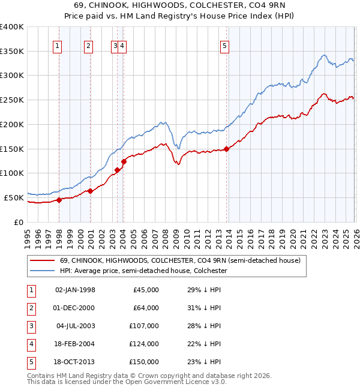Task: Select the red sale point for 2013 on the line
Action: [x=226, y=149]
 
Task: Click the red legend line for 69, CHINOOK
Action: [x=41, y=260]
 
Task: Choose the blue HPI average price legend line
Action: [x=41, y=271]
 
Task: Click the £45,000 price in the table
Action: [x=146, y=290]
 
